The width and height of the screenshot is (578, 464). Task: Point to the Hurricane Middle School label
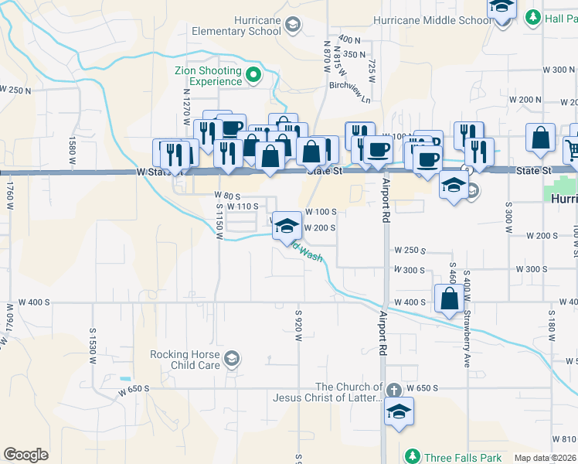tap(431, 20)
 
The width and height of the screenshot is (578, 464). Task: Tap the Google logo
tap(25, 455)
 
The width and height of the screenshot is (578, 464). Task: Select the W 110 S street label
tap(244, 206)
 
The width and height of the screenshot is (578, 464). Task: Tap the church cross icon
tap(394, 389)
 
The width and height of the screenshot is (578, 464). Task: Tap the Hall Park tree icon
tap(532, 17)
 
